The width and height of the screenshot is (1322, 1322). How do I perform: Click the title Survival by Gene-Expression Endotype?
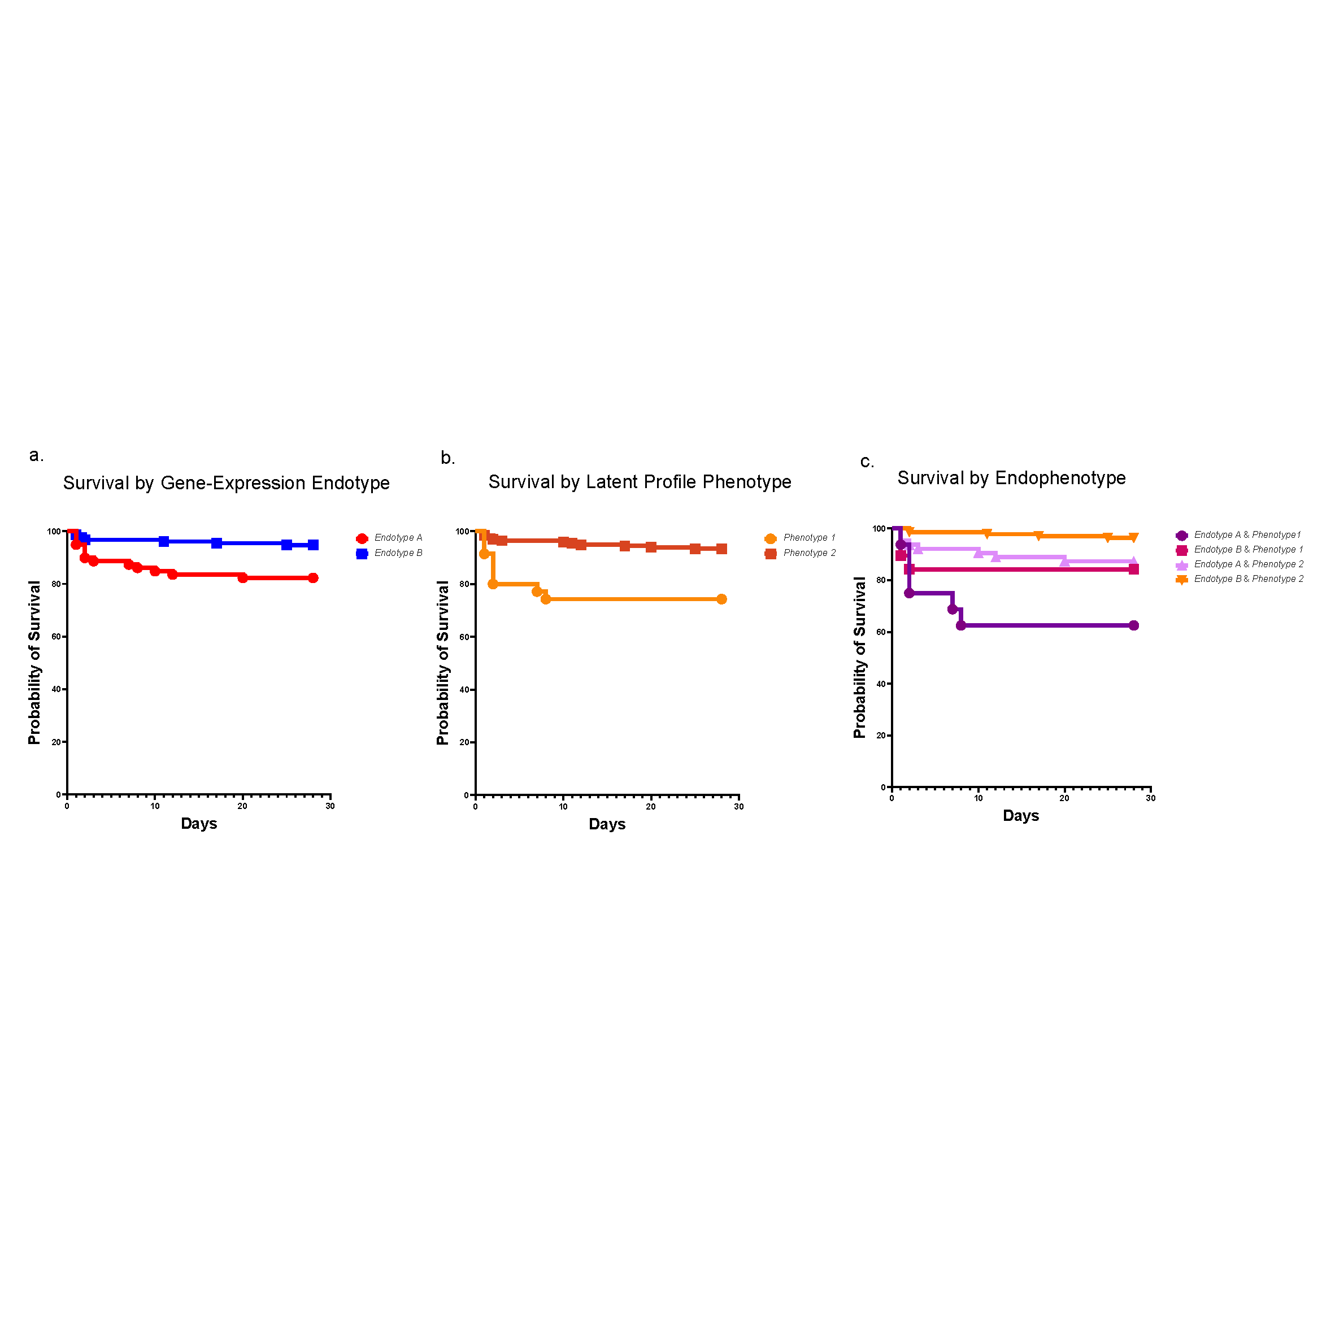click(226, 483)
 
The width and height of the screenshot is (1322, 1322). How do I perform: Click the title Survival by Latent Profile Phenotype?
click(639, 482)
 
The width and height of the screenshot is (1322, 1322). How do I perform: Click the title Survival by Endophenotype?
click(1011, 477)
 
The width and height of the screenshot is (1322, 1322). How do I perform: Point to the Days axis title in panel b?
click(607, 824)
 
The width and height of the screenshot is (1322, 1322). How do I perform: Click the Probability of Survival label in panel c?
click(859, 658)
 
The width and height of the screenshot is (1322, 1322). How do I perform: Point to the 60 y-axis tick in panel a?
click(56, 636)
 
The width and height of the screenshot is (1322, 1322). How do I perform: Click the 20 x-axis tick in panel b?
click(651, 807)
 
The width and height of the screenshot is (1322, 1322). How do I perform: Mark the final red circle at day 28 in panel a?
click(313, 577)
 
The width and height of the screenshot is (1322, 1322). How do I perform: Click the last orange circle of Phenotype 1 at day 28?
click(721, 599)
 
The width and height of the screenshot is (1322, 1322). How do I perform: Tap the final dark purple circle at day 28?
click(1133, 625)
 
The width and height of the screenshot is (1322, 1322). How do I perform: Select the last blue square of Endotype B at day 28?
click(313, 545)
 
